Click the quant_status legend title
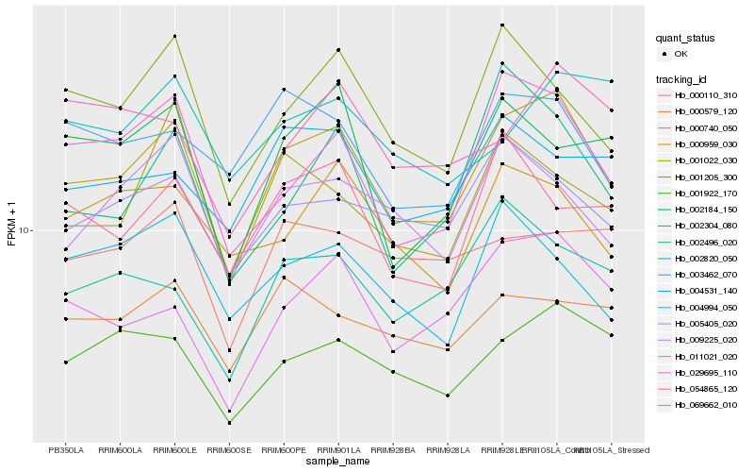coord(685,38)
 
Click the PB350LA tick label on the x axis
coord(66,450)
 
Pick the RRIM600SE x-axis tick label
coord(229,450)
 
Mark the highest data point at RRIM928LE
coord(502,25)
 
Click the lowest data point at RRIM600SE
coord(229,423)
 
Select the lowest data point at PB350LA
coord(66,362)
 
